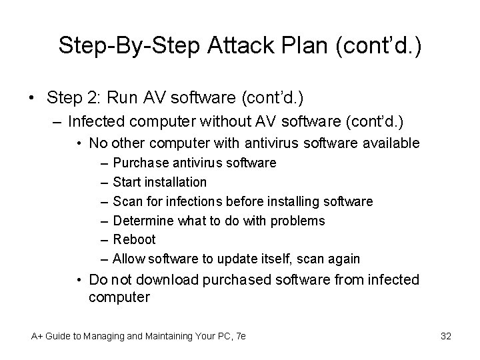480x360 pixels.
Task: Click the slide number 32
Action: pyautogui.click(x=446, y=337)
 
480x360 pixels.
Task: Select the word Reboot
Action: pyautogui.click(x=134, y=239)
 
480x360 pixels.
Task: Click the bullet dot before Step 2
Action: pyautogui.click(x=33, y=98)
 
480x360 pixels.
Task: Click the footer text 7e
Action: pyautogui.click(x=241, y=337)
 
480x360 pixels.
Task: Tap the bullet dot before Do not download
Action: pyautogui.click(x=78, y=280)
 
